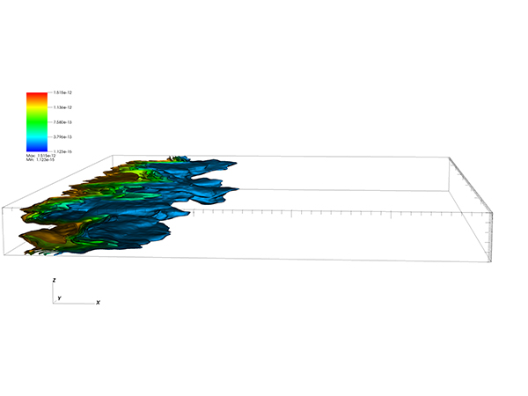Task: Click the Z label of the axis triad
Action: pyautogui.click(x=55, y=280)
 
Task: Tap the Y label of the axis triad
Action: pyautogui.click(x=59, y=297)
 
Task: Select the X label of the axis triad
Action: pyautogui.click(x=98, y=302)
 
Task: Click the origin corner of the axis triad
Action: pyautogui.click(x=55, y=303)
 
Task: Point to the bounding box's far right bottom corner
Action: pyautogui.click(x=490, y=261)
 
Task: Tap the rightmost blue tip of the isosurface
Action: pyautogui.click(x=238, y=162)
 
